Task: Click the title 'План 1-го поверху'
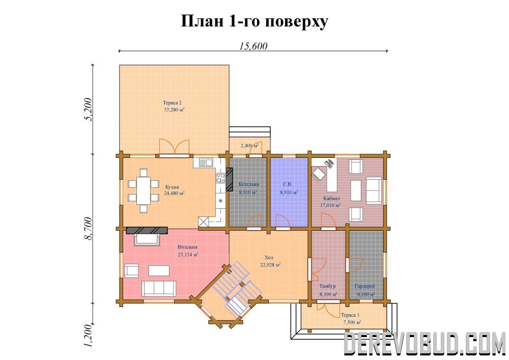tap(254, 21)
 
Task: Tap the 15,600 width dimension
tap(253, 46)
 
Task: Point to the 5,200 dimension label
tap(88, 109)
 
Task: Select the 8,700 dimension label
tap(88, 229)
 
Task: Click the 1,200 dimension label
tap(88, 336)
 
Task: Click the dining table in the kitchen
tap(143, 190)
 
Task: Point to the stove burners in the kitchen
tap(221, 178)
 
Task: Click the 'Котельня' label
tap(249, 184)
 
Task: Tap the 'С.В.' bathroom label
tap(288, 184)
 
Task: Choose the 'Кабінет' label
tap(332, 199)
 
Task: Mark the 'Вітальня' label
tap(187, 247)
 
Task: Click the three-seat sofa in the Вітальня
tap(159, 289)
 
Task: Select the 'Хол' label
tap(269, 258)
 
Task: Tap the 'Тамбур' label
tap(327, 286)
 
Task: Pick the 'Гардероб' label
tap(365, 286)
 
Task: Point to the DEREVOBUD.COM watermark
tap(425, 343)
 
